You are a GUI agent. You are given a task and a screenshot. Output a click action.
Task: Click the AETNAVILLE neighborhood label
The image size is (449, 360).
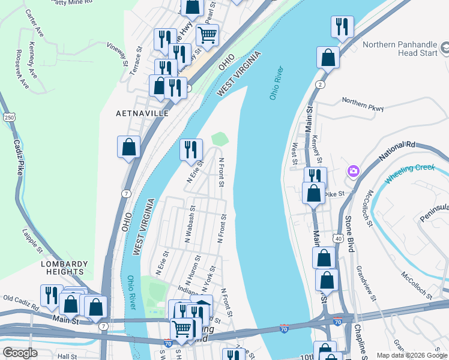[143, 113]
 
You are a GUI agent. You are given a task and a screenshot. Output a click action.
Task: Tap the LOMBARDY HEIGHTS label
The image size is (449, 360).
[64, 268]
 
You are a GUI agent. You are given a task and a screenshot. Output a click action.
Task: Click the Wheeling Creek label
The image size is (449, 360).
[409, 173]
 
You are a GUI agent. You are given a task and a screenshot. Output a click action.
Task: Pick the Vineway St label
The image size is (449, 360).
[117, 54]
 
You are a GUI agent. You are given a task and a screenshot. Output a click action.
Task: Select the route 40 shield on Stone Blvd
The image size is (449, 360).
[339, 238]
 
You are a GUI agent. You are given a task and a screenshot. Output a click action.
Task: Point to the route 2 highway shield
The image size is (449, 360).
[321, 85]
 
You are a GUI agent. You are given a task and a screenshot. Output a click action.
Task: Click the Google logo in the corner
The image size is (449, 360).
[20, 353]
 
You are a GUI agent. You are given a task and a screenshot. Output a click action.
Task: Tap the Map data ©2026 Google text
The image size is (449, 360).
[412, 355]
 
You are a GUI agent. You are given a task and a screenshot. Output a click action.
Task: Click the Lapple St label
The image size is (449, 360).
[32, 239]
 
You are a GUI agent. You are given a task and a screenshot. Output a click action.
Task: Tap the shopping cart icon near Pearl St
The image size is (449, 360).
[207, 35]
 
